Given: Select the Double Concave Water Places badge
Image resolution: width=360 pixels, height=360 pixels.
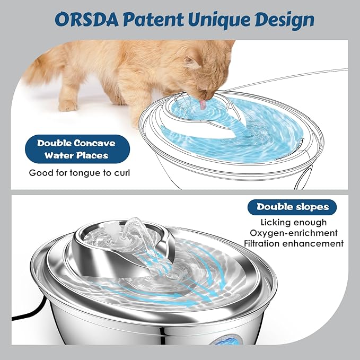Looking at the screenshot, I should [x=76, y=149].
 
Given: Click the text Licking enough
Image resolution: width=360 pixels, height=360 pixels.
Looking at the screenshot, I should [x=293, y=222].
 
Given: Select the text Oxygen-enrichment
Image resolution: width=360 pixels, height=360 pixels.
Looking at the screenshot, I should [x=293, y=233].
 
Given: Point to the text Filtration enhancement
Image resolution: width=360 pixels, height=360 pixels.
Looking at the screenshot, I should [x=293, y=243].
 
